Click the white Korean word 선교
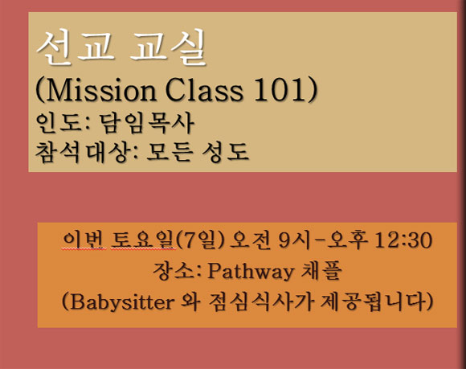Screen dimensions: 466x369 [x=76, y=47]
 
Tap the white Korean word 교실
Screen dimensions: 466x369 [x=168, y=47]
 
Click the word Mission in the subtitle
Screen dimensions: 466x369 [x=101, y=89]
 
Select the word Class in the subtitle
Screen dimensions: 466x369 [x=204, y=89]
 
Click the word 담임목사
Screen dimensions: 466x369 [x=146, y=123]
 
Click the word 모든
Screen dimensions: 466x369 [x=169, y=152]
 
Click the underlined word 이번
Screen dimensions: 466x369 [x=84, y=240]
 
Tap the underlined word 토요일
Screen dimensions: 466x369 [x=143, y=240]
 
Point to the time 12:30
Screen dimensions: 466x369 [x=403, y=240]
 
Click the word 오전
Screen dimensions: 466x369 [x=250, y=240]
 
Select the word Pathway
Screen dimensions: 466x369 [x=250, y=271]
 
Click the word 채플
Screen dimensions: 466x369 [x=321, y=271]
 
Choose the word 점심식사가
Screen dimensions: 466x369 [x=261, y=301]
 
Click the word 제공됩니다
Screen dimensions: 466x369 [x=373, y=301]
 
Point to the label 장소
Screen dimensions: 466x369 [x=174, y=271]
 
